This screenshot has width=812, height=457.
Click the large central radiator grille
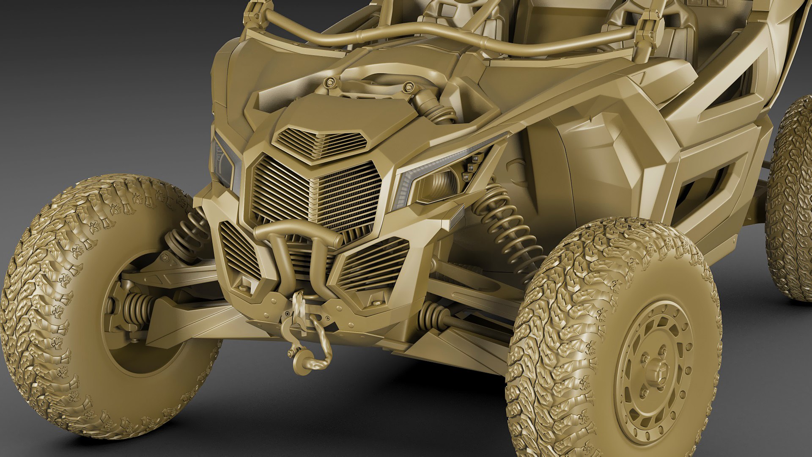[315, 195]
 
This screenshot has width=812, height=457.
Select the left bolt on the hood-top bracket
[330, 82]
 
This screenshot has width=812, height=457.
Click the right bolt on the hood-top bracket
[408, 87]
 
